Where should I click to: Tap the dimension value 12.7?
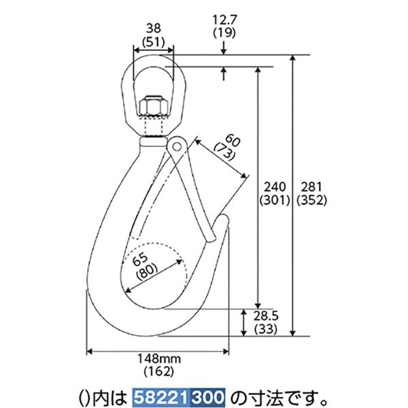[x=224, y=20]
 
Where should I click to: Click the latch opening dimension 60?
[x=231, y=141]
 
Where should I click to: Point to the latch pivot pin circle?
[x=177, y=146]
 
